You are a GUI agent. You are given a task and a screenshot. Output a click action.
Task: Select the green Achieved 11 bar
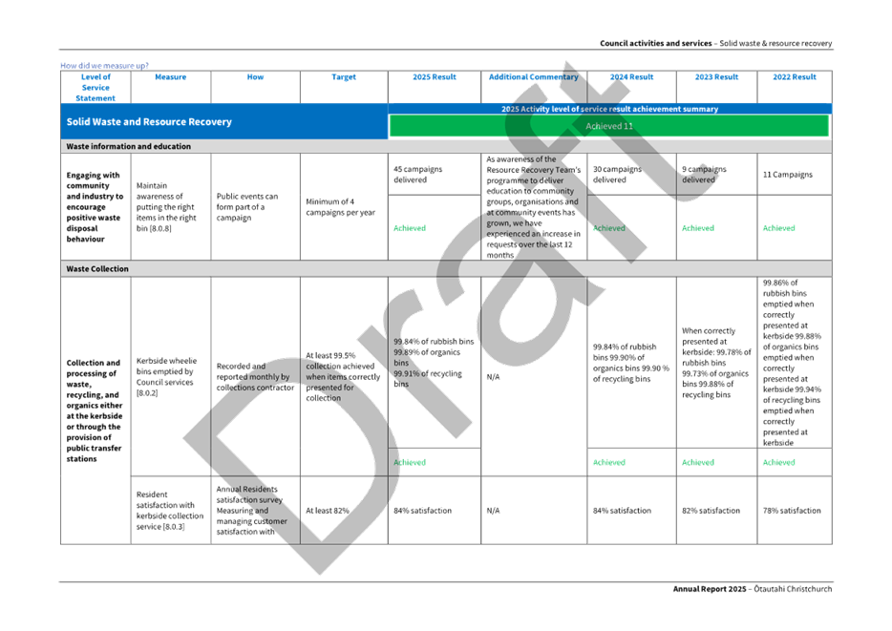pyautogui.click(x=608, y=126)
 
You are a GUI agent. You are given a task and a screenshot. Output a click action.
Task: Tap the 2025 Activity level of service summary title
pyautogui.click(x=609, y=109)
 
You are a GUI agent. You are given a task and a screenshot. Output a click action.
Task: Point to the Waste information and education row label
pyautogui.click(x=128, y=146)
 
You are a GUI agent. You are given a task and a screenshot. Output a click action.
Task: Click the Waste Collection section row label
pyautogui.click(x=96, y=269)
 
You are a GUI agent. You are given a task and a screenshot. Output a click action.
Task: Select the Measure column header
pyautogui.click(x=170, y=77)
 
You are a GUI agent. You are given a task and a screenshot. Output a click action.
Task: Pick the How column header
pyautogui.click(x=255, y=77)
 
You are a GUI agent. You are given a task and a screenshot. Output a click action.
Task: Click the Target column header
pyautogui.click(x=344, y=77)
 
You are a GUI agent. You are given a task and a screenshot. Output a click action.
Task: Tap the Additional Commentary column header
pyautogui.click(x=533, y=77)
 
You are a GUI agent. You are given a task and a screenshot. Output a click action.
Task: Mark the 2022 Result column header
pyautogui.click(x=795, y=77)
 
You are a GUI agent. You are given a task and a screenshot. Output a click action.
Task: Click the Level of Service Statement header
pyautogui.click(x=96, y=87)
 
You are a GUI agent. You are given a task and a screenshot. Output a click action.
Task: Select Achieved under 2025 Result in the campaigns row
pyautogui.click(x=410, y=228)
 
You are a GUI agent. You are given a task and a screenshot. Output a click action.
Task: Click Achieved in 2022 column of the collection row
pyautogui.click(x=779, y=461)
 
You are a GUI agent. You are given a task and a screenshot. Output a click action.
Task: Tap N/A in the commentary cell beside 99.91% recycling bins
pyautogui.click(x=493, y=376)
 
